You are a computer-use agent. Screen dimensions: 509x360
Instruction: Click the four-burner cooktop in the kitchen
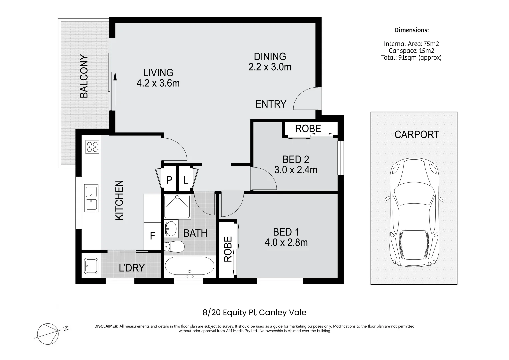coord(92,147)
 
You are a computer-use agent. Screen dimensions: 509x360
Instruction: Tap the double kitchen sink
coord(91,198)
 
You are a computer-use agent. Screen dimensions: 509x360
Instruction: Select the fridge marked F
coord(152,236)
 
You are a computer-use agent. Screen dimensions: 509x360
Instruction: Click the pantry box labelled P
coord(169,180)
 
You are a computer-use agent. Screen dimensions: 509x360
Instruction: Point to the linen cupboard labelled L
coord(186,180)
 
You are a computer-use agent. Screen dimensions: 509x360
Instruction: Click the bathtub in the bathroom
coord(190,266)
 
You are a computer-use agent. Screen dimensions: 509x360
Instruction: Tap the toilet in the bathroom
coord(174,247)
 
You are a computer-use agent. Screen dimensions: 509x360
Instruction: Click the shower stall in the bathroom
coord(177,206)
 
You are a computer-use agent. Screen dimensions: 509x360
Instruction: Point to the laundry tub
coord(91,266)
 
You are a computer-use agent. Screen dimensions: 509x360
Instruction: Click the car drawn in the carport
coord(414,212)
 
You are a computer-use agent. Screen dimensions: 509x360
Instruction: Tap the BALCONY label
coord(84,76)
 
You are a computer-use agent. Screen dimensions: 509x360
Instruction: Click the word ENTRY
coord(271,104)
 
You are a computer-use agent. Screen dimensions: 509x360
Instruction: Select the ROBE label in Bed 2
coord(308,129)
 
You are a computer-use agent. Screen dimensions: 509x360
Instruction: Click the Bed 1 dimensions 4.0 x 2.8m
coord(286,243)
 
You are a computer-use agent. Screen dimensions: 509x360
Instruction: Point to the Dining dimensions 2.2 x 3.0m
coord(270,67)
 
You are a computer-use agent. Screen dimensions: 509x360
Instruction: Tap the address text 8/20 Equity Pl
coord(230,313)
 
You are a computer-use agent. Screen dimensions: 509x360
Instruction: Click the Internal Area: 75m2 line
coord(411,44)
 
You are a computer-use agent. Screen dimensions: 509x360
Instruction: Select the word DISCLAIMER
coord(106,326)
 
